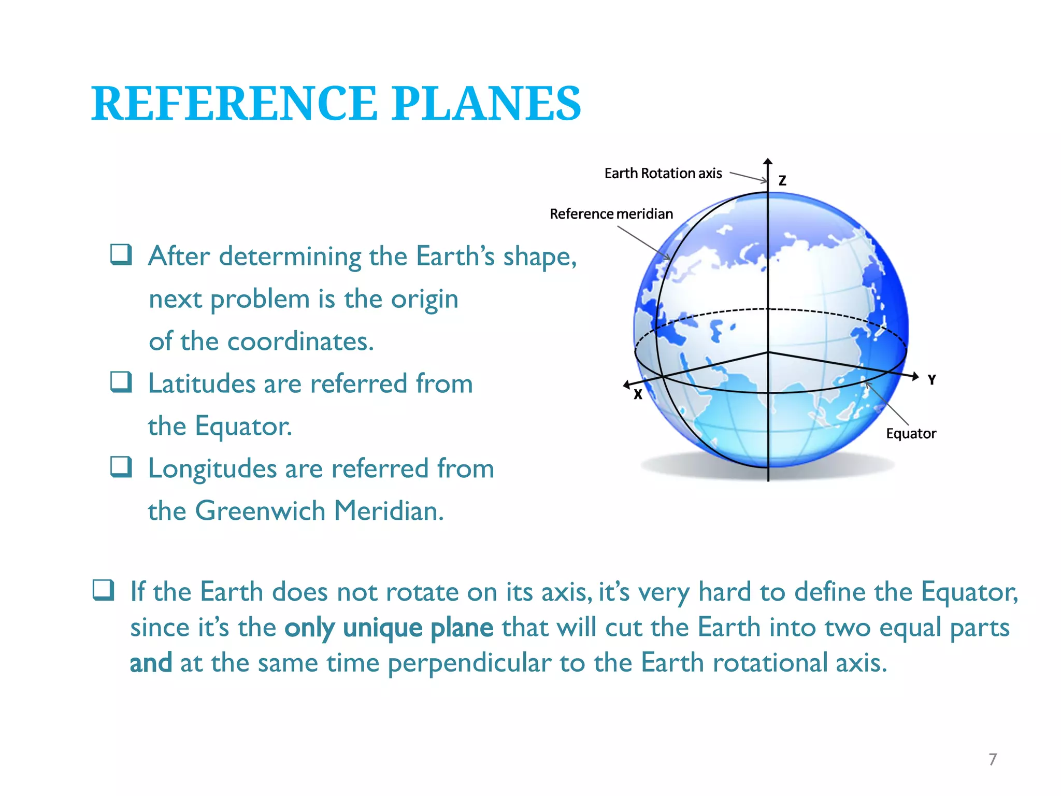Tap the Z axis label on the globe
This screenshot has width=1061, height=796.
[782, 180]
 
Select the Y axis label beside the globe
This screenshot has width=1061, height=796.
[931, 380]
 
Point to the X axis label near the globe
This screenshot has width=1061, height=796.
[638, 395]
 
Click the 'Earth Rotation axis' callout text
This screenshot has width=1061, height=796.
[663, 173]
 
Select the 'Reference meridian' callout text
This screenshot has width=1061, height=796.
[611, 214]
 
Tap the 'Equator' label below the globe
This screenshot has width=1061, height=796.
[911, 433]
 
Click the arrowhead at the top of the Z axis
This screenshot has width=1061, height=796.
[768, 162]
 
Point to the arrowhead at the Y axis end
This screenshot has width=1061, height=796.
[915, 376]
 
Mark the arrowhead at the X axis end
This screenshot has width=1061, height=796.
[626, 384]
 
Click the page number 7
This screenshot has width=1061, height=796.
[992, 759]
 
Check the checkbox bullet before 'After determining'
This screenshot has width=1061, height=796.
[121, 254]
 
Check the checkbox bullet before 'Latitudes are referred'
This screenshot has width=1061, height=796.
[121, 382]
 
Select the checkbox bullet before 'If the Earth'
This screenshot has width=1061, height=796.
[103, 590]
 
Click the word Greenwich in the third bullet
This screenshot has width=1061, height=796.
[260, 510]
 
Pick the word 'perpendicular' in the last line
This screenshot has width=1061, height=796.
[469, 663]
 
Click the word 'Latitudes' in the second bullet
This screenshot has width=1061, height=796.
[202, 383]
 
